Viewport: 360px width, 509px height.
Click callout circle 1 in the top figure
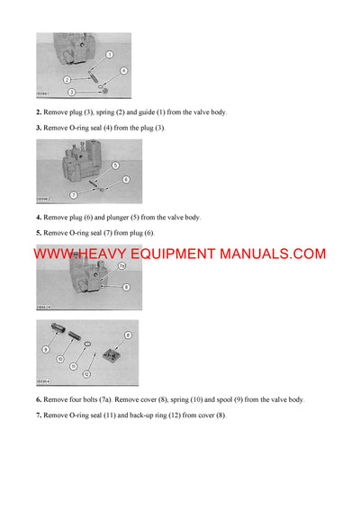pyautogui.click(x=110, y=55)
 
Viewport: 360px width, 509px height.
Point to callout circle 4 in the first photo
pyautogui.click(x=123, y=70)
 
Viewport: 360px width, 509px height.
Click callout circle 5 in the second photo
pyautogui.click(x=115, y=165)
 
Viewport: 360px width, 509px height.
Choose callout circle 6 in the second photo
pyautogui.click(x=127, y=180)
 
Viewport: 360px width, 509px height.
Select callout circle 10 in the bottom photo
pyautogui.click(x=60, y=359)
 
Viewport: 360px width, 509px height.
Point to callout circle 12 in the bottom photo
pyautogui.click(x=86, y=373)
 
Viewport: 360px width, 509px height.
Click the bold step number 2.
pyautogui.click(x=38, y=112)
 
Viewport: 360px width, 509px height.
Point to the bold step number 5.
pyautogui.click(x=38, y=233)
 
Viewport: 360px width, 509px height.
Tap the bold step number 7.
pyautogui.click(x=38, y=415)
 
